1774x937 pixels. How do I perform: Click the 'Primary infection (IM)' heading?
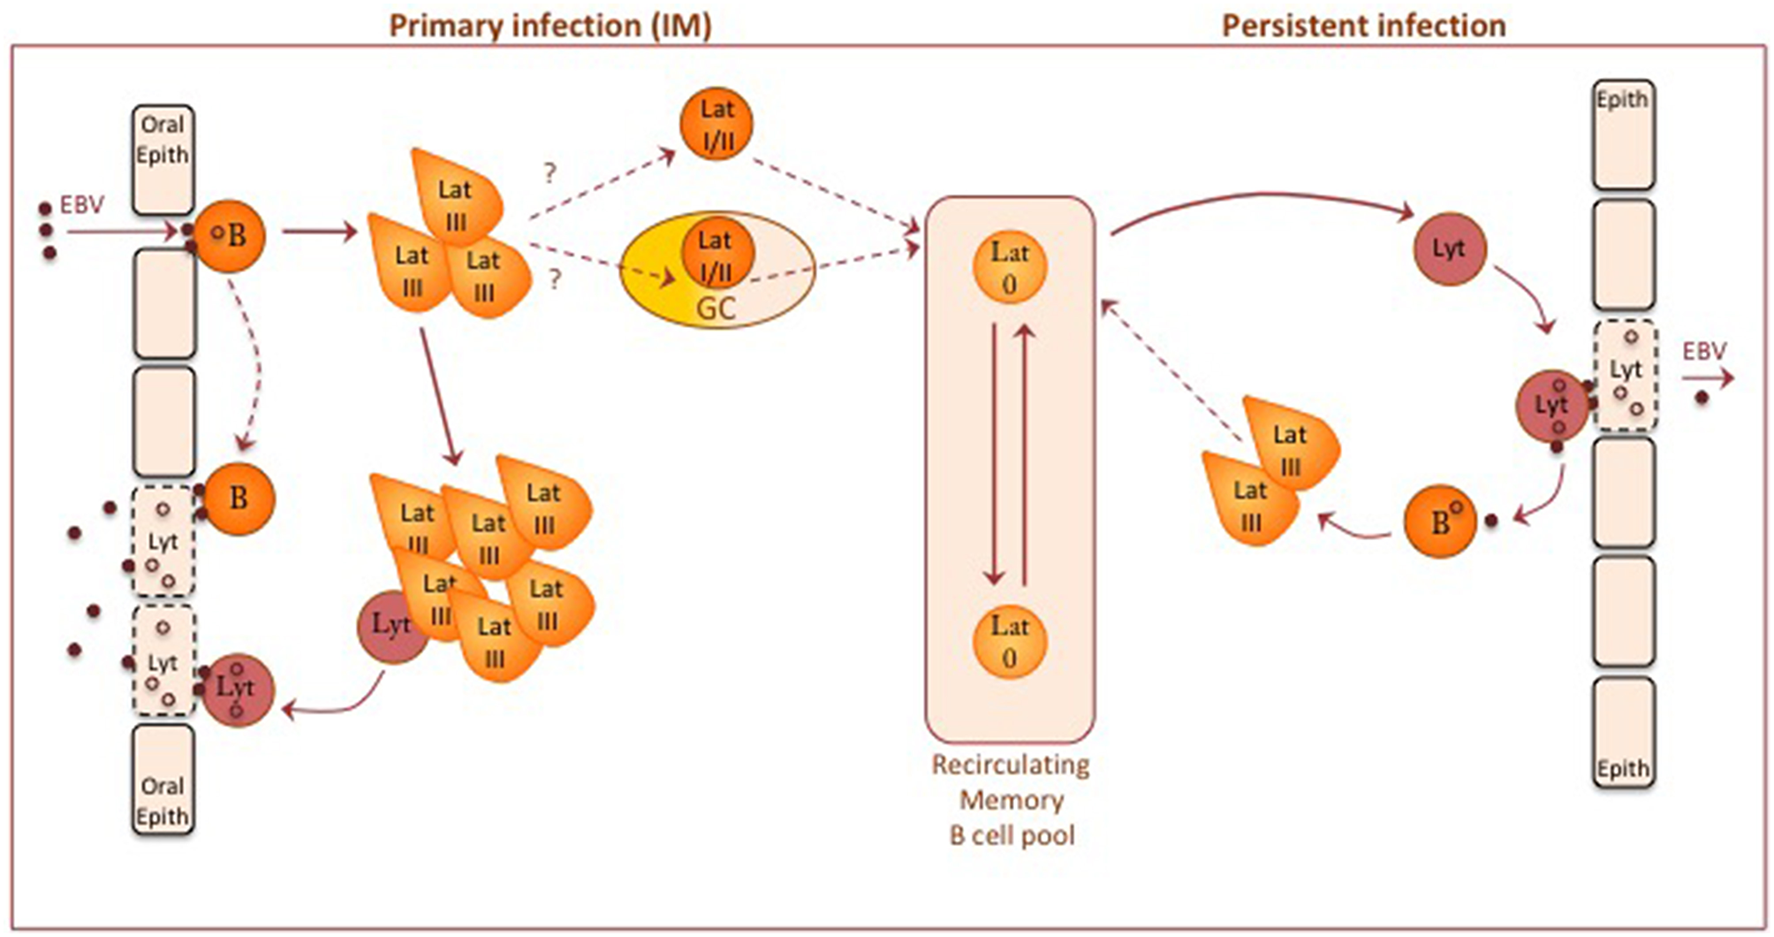pos(550,26)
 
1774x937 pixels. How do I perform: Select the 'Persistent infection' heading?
pos(1363,26)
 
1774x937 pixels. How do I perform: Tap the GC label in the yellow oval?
pos(716,310)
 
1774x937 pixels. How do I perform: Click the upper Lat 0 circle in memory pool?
pos(1010,267)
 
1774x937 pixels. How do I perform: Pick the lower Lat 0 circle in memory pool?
pos(1010,641)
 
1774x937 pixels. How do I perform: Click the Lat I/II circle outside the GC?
pos(716,125)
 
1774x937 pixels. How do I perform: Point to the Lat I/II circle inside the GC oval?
pos(716,255)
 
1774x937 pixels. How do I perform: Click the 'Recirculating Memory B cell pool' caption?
pos(1012,800)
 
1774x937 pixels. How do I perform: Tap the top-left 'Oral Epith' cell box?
pos(163,159)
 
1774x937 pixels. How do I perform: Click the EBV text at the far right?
pos(1703,352)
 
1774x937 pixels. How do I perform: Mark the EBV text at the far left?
pos(81,205)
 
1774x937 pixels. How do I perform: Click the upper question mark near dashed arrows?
pos(550,172)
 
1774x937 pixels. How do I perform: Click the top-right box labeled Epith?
pos(1623,134)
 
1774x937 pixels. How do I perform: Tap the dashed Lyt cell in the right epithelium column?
pos(1626,375)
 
